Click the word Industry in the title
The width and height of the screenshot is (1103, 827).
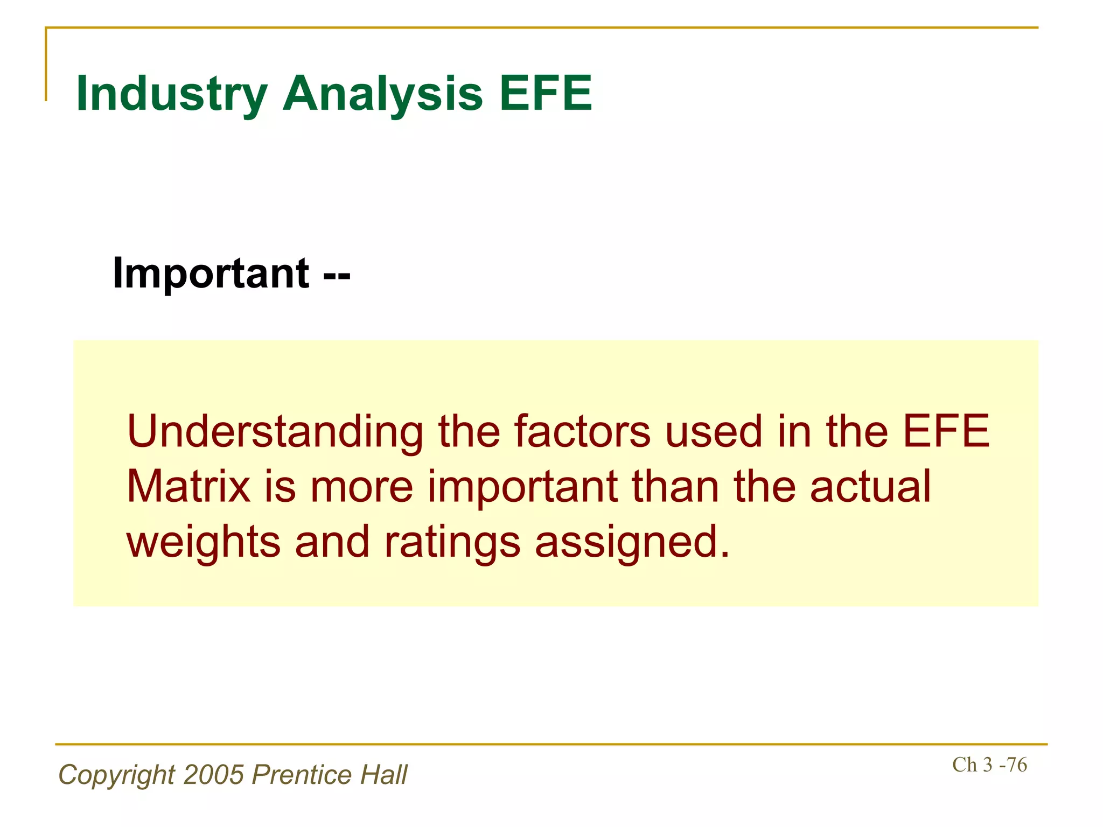click(172, 94)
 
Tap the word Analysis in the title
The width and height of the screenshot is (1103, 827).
click(382, 94)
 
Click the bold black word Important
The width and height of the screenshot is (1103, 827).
click(211, 274)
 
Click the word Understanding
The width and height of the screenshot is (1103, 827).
click(275, 432)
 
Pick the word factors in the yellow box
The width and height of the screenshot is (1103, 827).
click(582, 432)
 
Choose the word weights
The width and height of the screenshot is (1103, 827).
click(204, 543)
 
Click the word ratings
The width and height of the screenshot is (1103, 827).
click(452, 543)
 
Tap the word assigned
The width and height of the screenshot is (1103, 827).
click(632, 543)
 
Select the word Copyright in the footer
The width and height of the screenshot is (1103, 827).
click(116, 775)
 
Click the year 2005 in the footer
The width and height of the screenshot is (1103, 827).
click(214, 775)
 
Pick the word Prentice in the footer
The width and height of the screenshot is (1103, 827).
click(302, 775)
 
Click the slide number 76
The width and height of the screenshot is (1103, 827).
click(1016, 765)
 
